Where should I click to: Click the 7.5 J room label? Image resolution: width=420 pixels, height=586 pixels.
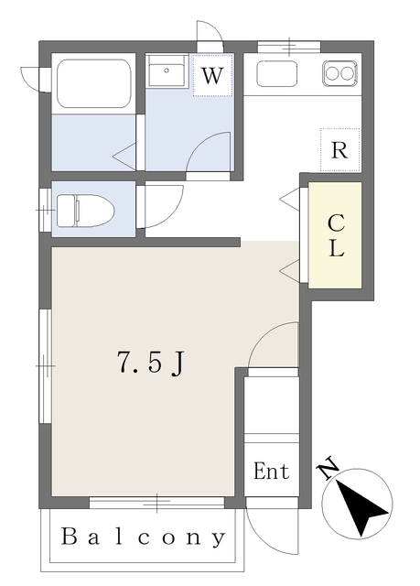150,364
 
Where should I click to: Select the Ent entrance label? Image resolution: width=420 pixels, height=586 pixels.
271,472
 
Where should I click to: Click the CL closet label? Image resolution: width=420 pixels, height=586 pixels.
336,235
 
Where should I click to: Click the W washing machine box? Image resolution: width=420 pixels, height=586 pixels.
212,76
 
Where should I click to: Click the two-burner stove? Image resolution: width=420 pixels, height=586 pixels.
339,72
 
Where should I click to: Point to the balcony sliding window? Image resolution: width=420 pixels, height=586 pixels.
156,502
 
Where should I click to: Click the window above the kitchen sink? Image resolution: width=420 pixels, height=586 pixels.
288,45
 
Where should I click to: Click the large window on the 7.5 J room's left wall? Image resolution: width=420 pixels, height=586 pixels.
43,366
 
